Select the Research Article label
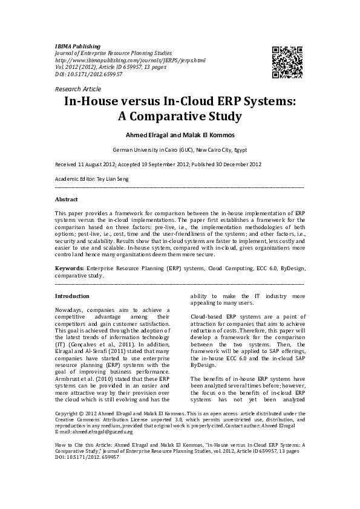pos(78,89)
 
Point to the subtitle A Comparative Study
pos(179,116)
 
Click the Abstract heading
pos(66,199)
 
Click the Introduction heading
pos(72,296)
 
